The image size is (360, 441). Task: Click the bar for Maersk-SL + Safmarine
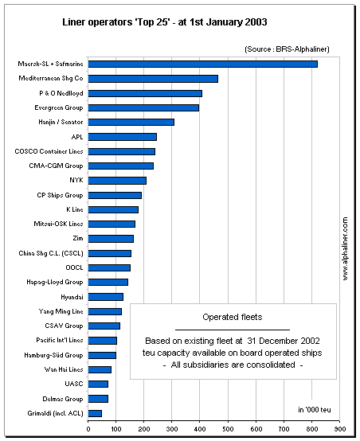pyautogui.click(x=202, y=64)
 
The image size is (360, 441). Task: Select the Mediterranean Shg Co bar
pyautogui.click(x=153, y=79)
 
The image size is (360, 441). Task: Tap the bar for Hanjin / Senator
pyautogui.click(x=131, y=122)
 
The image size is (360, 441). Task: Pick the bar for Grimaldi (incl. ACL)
pyautogui.click(x=95, y=413)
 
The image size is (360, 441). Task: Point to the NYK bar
pyautogui.click(x=117, y=181)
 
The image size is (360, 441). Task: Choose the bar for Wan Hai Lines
pyautogui.click(x=100, y=369)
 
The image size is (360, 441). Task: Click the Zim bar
pyautogui.click(x=111, y=239)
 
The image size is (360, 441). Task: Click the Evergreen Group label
pyautogui.click(x=59, y=107)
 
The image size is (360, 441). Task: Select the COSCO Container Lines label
pyautogui.click(x=49, y=151)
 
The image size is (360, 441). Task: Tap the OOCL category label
pyautogui.click(x=74, y=267)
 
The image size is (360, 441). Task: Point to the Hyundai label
pyautogui.click(x=72, y=297)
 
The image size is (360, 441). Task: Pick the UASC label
pyautogui.click(x=74, y=384)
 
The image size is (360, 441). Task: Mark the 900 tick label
pyautogui.click(x=340, y=429)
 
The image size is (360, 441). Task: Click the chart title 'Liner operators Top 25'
pyautogui.click(x=165, y=22)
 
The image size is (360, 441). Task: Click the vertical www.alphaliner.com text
pyautogui.click(x=345, y=248)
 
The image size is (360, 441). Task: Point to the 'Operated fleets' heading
pyautogui.click(x=233, y=318)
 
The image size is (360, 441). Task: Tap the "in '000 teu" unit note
pyautogui.click(x=315, y=410)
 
